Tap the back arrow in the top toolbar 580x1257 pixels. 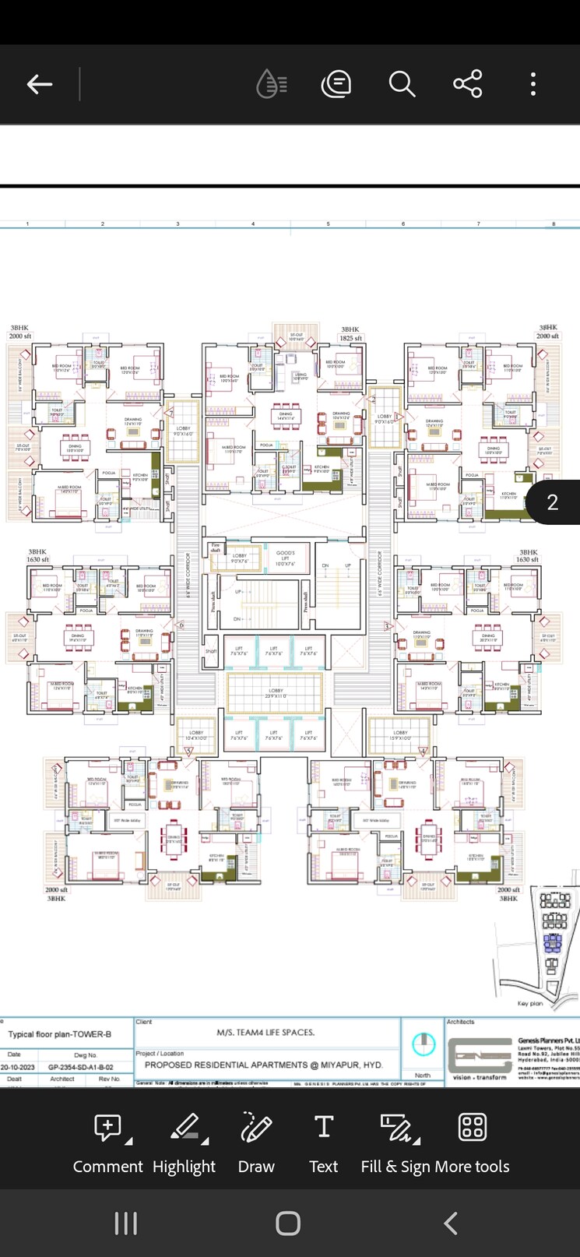40,84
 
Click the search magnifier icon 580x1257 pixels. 402,84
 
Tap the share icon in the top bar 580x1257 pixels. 467,84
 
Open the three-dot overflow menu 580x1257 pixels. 533,84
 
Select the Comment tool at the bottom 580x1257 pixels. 108,1140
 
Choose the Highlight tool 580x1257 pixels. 184,1140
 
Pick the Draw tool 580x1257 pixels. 256,1140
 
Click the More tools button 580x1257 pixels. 472,1140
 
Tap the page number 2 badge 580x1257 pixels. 553,502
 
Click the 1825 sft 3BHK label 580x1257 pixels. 350,334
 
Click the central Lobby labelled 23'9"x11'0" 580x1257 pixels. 276,692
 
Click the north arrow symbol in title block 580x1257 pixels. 424,1044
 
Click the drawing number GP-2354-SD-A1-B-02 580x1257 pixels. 80,1067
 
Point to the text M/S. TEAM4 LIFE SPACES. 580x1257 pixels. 265,1033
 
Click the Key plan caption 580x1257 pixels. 530,1004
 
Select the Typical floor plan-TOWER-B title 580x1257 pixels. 60,1034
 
